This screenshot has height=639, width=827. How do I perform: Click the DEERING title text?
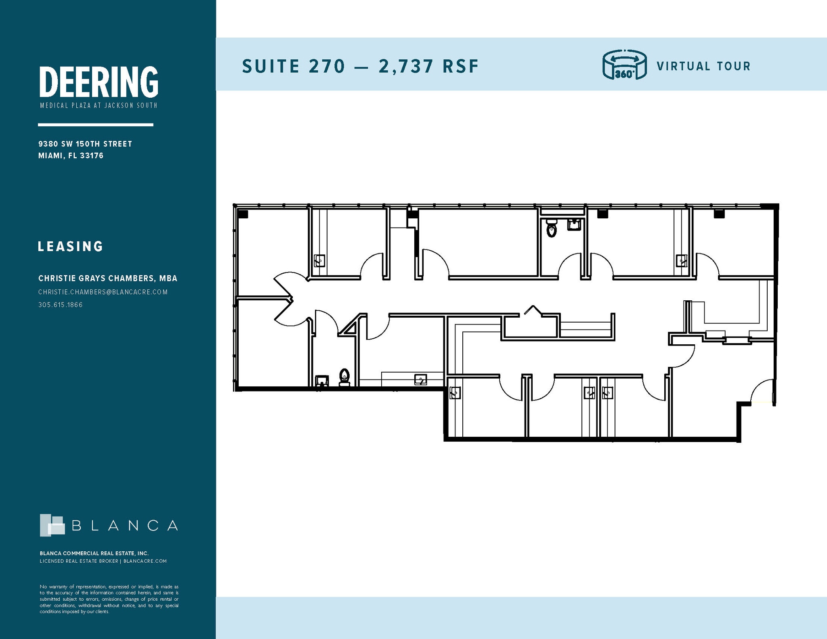point(99,82)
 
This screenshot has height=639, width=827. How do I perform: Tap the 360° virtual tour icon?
point(624,65)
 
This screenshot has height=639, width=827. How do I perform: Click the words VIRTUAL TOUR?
point(703,66)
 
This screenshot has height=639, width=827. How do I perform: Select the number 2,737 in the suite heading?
point(406,67)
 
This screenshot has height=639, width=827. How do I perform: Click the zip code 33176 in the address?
point(92,156)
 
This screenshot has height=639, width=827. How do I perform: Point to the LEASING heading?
point(71,247)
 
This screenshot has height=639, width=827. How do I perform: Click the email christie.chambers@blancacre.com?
point(103,292)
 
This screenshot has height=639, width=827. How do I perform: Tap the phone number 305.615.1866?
point(61,305)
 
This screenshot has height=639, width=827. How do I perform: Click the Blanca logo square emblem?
point(52,525)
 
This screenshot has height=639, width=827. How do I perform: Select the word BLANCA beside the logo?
point(125,526)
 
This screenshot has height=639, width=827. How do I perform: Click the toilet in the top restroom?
point(551,229)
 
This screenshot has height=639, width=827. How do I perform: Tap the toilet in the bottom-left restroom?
point(344,377)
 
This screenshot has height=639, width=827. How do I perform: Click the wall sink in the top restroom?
point(574,224)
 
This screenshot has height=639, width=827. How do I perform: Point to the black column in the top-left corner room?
point(243,214)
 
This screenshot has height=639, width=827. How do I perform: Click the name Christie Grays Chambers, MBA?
point(107,279)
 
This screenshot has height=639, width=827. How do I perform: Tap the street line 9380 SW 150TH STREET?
point(85,144)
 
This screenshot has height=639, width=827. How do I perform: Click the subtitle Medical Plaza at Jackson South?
point(99,106)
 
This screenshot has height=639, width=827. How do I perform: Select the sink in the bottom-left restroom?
point(322,381)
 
